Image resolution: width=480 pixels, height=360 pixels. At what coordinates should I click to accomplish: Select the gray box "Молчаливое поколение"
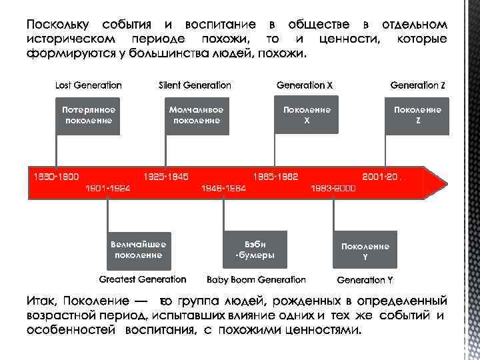click(x=196, y=115)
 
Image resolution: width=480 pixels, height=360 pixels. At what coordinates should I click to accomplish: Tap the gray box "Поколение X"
click(x=306, y=115)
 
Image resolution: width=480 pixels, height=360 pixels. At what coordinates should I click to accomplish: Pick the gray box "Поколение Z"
click(x=417, y=115)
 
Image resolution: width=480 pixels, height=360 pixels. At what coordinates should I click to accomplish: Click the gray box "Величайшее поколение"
click(x=139, y=249)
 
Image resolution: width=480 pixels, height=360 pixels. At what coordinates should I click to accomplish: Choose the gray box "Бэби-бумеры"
click(x=255, y=249)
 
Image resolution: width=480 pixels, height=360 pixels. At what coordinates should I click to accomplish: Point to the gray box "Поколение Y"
click(x=365, y=251)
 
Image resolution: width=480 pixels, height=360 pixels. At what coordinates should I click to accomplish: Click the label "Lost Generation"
click(x=88, y=85)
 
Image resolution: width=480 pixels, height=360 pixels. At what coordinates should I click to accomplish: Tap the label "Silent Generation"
click(x=195, y=85)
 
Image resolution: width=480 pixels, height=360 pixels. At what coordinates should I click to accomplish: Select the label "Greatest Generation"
click(x=143, y=279)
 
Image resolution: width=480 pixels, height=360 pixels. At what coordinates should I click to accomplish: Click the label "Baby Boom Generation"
click(x=256, y=280)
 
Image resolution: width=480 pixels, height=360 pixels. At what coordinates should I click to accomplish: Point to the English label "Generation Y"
click(x=365, y=280)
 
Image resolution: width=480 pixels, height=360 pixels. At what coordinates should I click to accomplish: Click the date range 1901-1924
click(x=108, y=189)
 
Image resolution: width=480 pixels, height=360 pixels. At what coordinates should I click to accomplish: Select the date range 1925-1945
click(x=166, y=177)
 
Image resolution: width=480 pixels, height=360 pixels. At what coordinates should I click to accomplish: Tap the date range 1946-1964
click(x=223, y=189)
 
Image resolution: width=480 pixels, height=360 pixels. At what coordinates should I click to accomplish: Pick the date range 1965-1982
click(x=275, y=177)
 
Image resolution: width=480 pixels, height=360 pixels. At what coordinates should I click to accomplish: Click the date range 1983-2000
click(x=333, y=189)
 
